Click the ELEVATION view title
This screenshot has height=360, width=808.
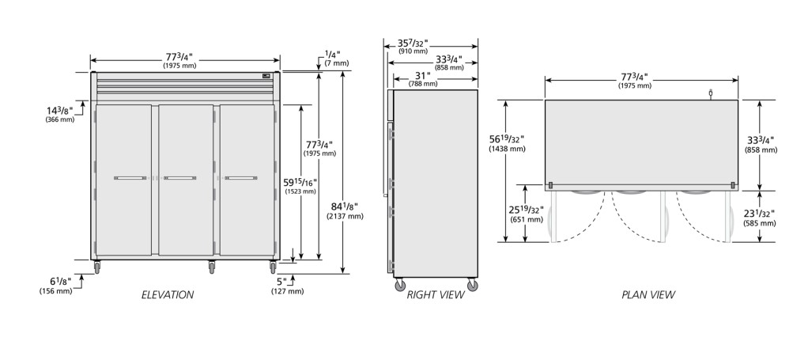(x=168, y=295)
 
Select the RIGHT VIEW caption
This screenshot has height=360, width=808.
(x=436, y=295)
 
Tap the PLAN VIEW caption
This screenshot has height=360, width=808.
(x=648, y=295)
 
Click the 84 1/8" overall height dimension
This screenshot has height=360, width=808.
(x=345, y=210)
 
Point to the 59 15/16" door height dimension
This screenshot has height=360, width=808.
(x=300, y=186)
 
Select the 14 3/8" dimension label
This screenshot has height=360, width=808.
(x=60, y=115)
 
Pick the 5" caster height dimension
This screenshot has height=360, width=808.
(x=287, y=285)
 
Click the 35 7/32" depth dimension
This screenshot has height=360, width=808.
(x=412, y=46)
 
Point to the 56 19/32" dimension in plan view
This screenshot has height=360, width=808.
(x=507, y=143)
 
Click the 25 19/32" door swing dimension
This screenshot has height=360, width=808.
(x=527, y=214)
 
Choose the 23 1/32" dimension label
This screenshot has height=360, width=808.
(x=760, y=218)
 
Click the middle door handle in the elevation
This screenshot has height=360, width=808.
(x=179, y=178)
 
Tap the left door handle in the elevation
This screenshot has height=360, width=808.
(x=130, y=178)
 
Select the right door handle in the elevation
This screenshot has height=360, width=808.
(x=240, y=178)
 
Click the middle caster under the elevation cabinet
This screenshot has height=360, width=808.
(x=211, y=267)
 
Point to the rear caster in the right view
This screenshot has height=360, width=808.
(x=400, y=285)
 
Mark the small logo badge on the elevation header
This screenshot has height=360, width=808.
(x=266, y=76)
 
